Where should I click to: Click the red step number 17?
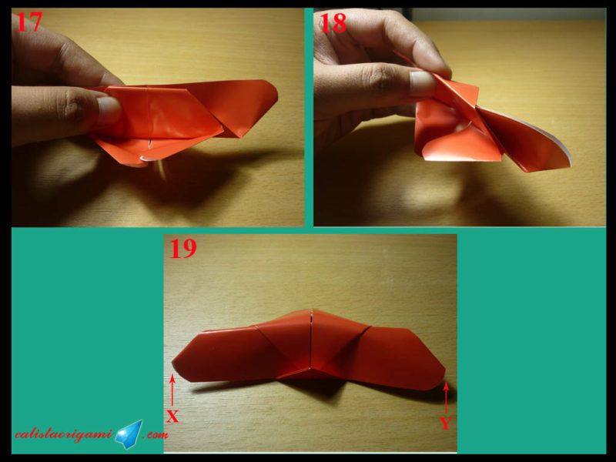(x=28, y=22)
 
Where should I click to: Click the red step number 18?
(x=333, y=23)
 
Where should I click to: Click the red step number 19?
(x=182, y=248)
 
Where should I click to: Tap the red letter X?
(x=172, y=417)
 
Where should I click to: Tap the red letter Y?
(x=445, y=423)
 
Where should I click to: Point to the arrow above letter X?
(x=172, y=391)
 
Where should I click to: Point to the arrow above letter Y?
(x=446, y=397)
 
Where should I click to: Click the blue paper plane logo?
(x=129, y=434)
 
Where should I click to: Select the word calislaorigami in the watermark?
(x=65, y=434)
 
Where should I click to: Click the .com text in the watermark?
(x=156, y=435)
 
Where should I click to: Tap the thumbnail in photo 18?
(x=422, y=83)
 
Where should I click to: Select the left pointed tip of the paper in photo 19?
(x=173, y=362)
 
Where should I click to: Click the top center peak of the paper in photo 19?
(x=312, y=310)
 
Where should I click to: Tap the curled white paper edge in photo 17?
(x=146, y=159)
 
